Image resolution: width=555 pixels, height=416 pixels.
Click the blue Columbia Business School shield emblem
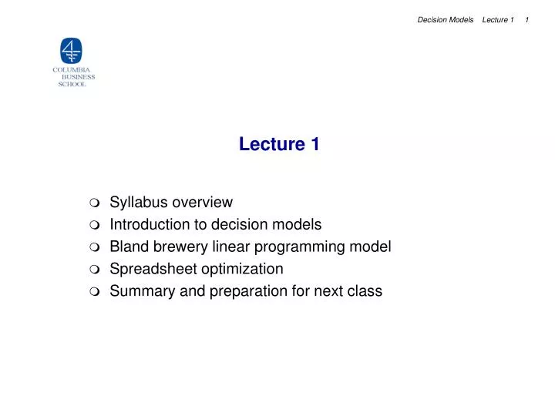tap(71, 51)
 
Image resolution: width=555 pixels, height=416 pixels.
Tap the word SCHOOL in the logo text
tap(72, 84)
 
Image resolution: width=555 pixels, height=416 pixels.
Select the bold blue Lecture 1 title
tap(279, 144)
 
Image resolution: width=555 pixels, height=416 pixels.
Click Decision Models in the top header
tap(445, 20)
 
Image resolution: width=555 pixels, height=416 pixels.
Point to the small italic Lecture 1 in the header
tap(497, 20)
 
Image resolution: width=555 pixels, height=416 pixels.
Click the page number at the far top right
tap(526, 20)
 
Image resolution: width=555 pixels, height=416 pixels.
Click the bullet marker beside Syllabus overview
tap(93, 203)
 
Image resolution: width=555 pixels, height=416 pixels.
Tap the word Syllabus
tap(139, 203)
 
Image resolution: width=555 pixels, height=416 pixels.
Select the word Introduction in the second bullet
tap(148, 225)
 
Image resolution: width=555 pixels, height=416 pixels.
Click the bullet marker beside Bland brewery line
tap(93, 248)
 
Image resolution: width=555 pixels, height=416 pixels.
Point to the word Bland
tap(128, 247)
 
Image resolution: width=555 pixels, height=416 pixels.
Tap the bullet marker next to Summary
tap(93, 293)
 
